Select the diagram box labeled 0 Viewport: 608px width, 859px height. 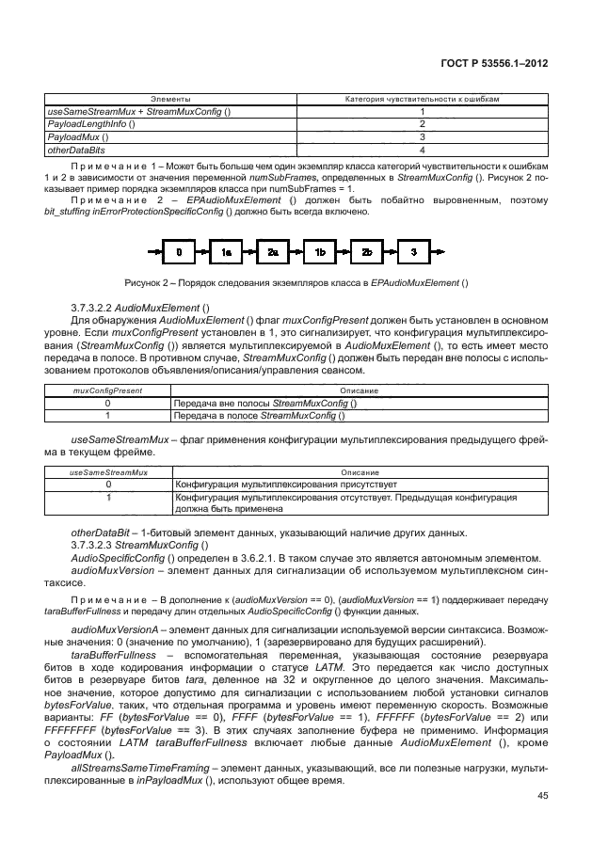tap(179, 251)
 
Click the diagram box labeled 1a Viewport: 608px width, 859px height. tap(226, 251)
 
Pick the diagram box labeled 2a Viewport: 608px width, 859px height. tap(273, 251)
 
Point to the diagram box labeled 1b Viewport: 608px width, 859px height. tap(320, 251)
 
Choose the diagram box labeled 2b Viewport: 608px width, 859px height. tap(367, 251)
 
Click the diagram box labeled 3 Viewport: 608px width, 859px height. tap(413, 251)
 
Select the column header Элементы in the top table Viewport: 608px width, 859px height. tap(171, 99)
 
